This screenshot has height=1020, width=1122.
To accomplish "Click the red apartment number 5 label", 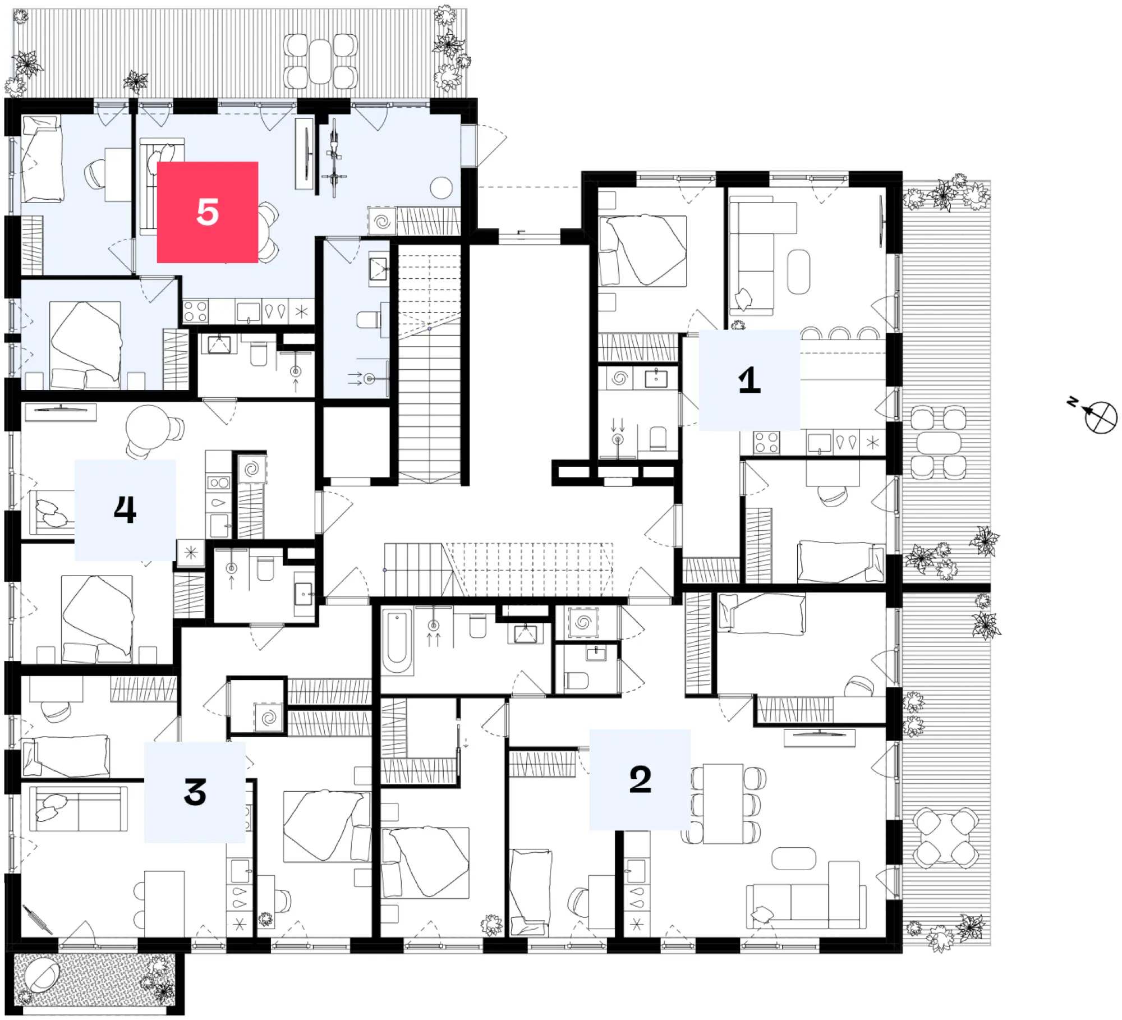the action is (x=207, y=212).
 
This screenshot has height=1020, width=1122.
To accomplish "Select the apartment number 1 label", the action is (x=749, y=380).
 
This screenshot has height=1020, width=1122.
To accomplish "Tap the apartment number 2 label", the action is (x=640, y=779).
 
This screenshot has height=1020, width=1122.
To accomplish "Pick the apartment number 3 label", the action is (x=195, y=792).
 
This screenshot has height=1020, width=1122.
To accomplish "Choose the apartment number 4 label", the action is (x=125, y=510).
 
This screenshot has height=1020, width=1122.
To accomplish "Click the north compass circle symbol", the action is (x=1101, y=417).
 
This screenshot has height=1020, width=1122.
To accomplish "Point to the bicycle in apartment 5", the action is (x=334, y=158).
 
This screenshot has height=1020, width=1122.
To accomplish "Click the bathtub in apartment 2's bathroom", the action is (x=397, y=641).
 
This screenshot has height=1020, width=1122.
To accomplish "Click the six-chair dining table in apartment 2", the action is (x=723, y=803).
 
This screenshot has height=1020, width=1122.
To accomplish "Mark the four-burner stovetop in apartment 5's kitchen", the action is (x=195, y=311).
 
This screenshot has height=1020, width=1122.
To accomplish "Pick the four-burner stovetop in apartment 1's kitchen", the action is (x=766, y=442).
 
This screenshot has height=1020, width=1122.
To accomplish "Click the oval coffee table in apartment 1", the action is (x=798, y=272).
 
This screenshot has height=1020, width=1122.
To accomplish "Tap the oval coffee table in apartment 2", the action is (x=794, y=858).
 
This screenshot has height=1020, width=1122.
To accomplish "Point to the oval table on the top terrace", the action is (x=320, y=61).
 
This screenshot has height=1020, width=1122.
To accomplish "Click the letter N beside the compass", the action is (x=1072, y=402).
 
